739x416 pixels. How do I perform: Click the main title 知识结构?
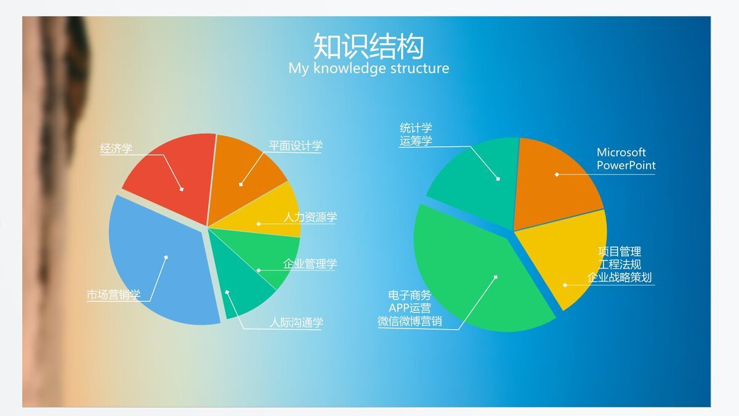(x=368, y=46)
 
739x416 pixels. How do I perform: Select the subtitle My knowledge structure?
(x=368, y=68)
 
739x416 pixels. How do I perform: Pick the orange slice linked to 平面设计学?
(x=243, y=169)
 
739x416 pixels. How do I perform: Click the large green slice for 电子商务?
(x=474, y=271)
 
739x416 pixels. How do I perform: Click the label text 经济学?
(x=116, y=149)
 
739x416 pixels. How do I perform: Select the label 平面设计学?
(x=295, y=146)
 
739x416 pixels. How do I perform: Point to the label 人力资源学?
(x=310, y=218)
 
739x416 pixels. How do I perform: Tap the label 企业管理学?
(x=310, y=264)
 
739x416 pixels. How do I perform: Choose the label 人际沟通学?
(x=296, y=323)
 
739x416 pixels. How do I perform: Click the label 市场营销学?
(x=113, y=295)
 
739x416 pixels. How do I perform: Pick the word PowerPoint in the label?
(x=626, y=166)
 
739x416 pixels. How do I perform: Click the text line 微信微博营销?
(x=410, y=321)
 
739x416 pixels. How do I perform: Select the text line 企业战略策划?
(x=619, y=277)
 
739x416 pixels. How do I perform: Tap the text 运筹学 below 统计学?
(x=416, y=141)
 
